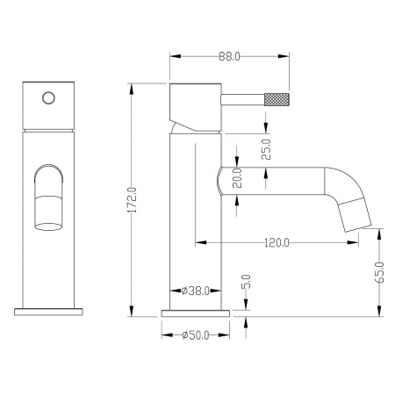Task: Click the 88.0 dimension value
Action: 229,56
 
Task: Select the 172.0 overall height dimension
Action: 133,200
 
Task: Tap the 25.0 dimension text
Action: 266,149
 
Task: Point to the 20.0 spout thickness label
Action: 237,178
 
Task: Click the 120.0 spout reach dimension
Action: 276,242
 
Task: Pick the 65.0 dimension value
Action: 379,272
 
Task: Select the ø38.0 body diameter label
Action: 195,291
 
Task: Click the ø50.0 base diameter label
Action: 196,335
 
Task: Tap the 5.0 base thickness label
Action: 246,282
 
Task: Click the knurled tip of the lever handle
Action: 276,99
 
